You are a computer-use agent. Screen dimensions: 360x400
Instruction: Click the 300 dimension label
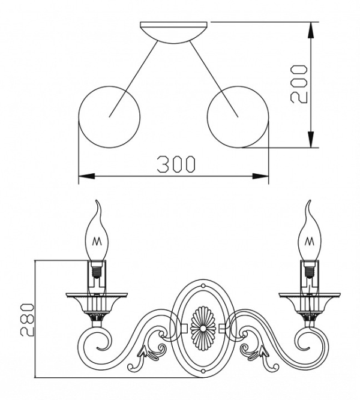[176, 164]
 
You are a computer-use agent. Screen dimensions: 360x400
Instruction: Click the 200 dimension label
[299, 84]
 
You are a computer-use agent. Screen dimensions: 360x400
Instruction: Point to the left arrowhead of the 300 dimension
[87, 176]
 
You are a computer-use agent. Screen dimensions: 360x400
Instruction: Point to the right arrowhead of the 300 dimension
[260, 176]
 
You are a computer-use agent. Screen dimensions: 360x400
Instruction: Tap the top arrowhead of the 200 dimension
[311, 30]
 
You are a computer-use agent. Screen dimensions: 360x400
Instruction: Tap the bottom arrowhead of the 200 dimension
[311, 140]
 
